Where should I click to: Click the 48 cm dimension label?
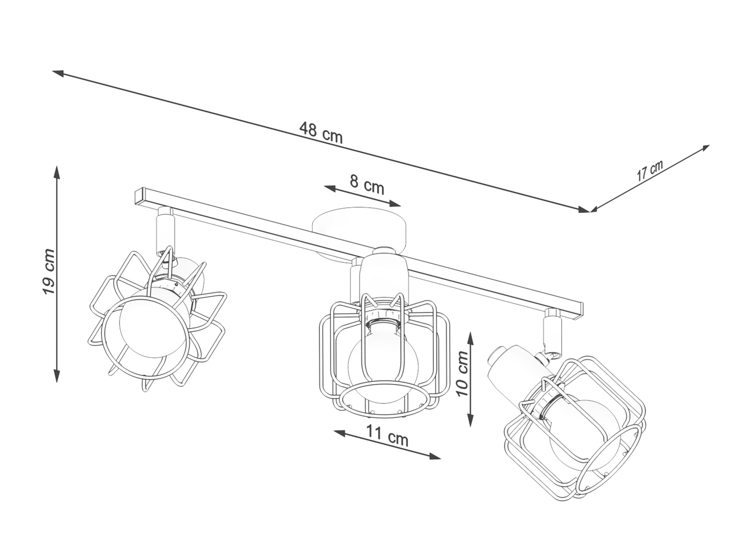pos(321,133)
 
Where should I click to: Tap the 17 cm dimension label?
pos(650,170)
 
